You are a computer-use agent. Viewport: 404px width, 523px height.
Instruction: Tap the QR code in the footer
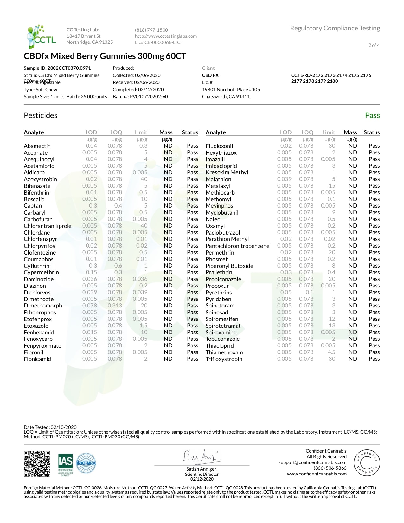pyautogui.click(x=37, y=464)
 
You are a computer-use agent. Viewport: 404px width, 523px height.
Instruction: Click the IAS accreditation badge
pyautogui.click(x=65, y=464)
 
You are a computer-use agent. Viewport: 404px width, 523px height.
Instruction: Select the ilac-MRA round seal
pyautogui.click(x=86, y=464)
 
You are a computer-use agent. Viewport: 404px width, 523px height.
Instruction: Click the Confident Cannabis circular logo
pyautogui.click(x=367, y=462)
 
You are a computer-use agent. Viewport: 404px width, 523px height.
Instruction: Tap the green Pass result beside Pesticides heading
pyautogui.click(x=372, y=115)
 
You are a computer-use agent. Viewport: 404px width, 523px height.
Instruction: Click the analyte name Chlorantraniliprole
pyautogui.click(x=48, y=226)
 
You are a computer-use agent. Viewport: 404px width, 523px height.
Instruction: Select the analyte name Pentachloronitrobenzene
pyautogui.click(x=237, y=246)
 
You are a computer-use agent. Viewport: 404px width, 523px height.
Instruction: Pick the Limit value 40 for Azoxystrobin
pyautogui.click(x=144, y=179)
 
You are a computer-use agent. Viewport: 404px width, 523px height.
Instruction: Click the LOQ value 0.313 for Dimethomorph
pyautogui.click(x=115, y=306)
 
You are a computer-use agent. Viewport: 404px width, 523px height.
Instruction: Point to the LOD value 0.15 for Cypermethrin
pyautogui.click(x=91, y=272)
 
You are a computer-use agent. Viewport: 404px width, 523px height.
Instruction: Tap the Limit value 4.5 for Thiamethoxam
pyautogui.click(x=331, y=352)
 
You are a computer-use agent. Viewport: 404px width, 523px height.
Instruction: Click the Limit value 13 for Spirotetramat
pyautogui.click(x=332, y=326)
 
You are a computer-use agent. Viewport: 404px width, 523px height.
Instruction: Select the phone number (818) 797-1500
pyautogui.click(x=151, y=30)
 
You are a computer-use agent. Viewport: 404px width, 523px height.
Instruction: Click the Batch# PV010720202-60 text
pyautogui.click(x=140, y=97)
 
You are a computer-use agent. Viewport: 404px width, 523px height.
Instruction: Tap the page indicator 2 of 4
pyautogui.click(x=374, y=45)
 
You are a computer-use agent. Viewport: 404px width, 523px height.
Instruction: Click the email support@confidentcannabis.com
pyautogui.click(x=312, y=462)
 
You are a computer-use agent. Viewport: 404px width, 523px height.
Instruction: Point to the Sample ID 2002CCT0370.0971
pyautogui.click(x=57, y=68)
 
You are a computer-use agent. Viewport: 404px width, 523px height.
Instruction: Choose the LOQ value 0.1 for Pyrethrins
pyautogui.click(x=309, y=292)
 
